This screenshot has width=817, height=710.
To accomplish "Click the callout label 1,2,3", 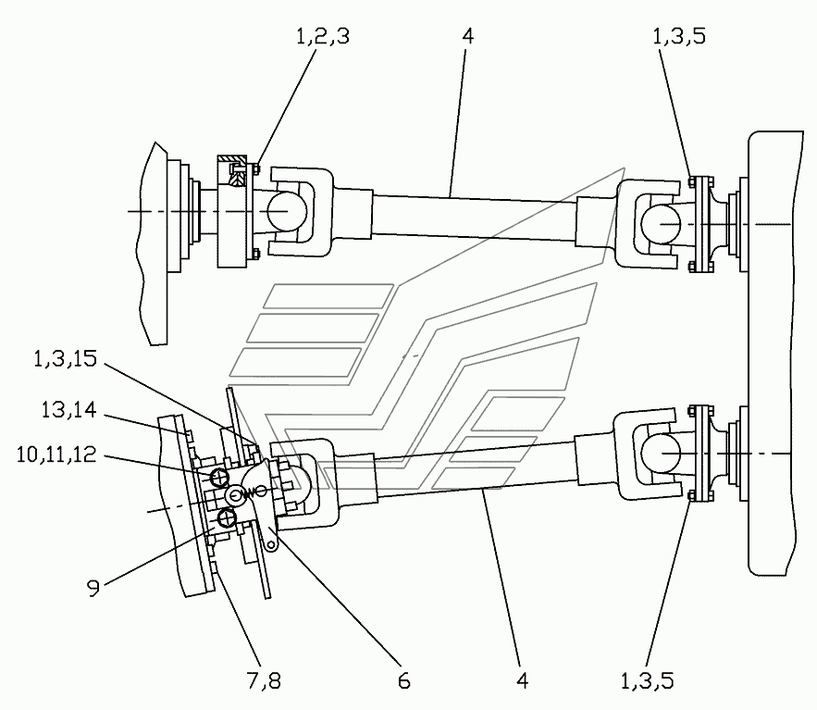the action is (323, 36).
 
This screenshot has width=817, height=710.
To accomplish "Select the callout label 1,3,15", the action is (65, 358).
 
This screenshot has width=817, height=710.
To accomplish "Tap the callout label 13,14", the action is (68, 410).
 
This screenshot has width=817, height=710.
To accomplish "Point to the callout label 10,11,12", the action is (56, 455).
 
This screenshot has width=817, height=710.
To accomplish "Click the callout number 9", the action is (93, 589).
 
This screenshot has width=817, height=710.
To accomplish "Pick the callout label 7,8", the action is (264, 680).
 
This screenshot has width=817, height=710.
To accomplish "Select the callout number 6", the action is (403, 680).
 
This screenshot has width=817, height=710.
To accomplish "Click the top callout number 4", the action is (467, 36).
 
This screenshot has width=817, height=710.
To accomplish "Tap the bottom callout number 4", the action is (523, 680).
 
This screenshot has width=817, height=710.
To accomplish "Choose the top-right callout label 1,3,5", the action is (679, 36).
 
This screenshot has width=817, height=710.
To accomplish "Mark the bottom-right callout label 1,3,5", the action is (647, 680).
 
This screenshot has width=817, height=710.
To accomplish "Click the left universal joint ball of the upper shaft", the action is (285, 211).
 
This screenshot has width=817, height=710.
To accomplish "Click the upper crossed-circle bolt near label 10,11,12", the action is (219, 477).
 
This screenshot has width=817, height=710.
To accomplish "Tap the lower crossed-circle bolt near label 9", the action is (227, 518).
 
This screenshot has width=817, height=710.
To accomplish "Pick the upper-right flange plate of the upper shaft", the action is (703, 224).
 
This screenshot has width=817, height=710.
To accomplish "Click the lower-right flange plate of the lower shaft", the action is (703, 453).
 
